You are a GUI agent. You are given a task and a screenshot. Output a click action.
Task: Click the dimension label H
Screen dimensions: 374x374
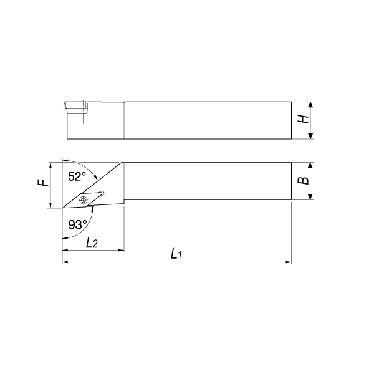click(304, 119)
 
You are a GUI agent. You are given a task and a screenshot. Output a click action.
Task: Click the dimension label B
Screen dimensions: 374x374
click(304, 180)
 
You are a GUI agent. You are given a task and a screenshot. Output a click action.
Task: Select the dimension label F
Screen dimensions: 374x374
click(43, 183)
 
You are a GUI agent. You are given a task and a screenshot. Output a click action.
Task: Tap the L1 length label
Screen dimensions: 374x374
click(176, 254)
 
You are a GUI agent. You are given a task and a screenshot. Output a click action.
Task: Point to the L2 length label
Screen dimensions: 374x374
click(92, 243)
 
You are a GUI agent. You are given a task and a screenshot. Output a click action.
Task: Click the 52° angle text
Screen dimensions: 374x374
click(77, 176)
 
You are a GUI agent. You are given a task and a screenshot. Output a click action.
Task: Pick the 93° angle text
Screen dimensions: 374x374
click(77, 224)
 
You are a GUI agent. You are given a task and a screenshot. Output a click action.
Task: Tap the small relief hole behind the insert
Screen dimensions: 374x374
click(102, 193)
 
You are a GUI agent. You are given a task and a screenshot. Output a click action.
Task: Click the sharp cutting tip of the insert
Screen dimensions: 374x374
click(63, 208)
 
